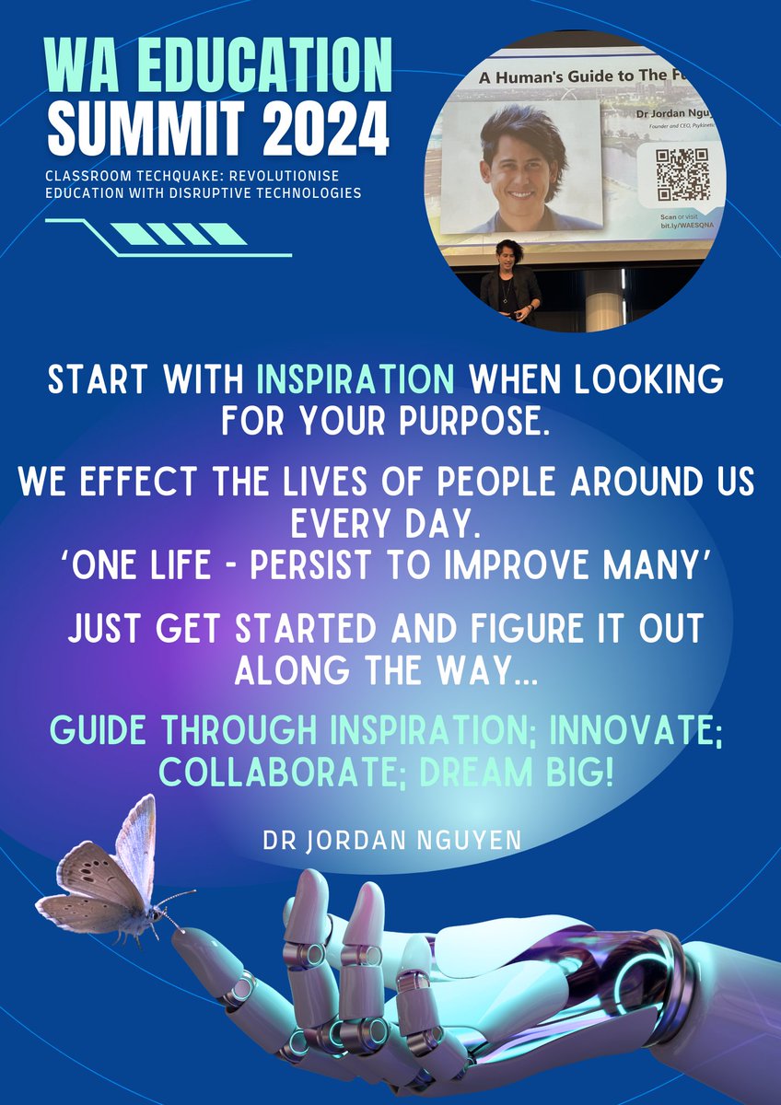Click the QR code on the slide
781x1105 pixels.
(682, 174)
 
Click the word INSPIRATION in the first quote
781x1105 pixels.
(355, 379)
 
